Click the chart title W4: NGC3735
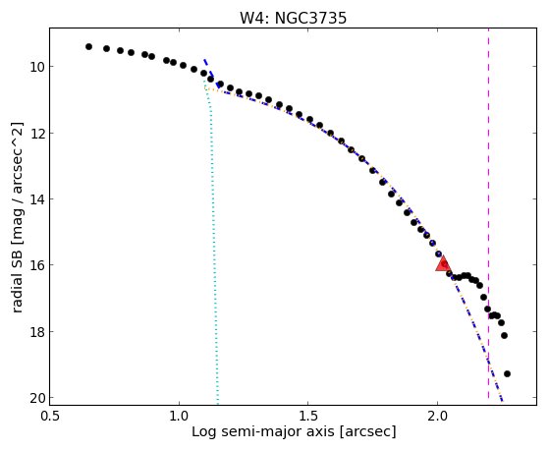293,18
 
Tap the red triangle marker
443,263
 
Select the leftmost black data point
89,46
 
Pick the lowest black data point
507,374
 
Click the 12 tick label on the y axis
36,134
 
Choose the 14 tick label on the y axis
36,199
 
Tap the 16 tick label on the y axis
36,265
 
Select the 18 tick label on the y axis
36,331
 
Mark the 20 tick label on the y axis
36,398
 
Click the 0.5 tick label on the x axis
50,416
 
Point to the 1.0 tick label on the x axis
179,416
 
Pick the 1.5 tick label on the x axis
307,416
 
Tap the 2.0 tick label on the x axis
437,416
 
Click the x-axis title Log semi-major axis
263,431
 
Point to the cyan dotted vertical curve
212,242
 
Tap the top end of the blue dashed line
204,60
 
